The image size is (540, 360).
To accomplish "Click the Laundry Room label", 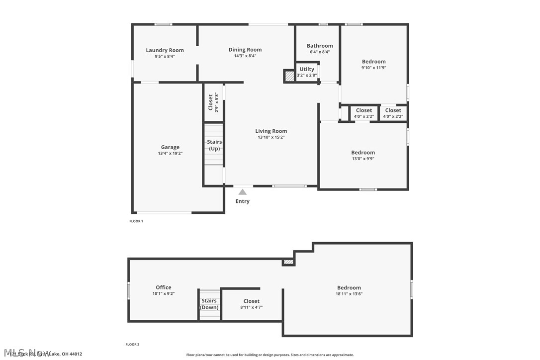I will point(165,50).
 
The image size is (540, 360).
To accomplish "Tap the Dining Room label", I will point(245,50).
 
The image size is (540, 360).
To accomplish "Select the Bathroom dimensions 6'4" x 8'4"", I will point(319,52).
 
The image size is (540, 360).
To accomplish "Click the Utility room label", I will point(307,69).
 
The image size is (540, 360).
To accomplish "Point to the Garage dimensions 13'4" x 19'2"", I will point(170,154).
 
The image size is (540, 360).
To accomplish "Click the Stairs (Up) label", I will point(214,145).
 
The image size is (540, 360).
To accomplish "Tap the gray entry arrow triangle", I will point(242,192).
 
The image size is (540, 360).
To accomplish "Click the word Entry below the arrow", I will point(242,201).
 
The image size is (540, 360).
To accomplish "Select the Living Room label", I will point(271,131).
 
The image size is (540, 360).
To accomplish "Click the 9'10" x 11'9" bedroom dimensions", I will point(373,68).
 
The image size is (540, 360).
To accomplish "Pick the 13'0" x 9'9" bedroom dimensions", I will point(363,159).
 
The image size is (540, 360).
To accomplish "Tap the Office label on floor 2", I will point(163,287).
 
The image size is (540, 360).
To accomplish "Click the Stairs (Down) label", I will point(209,304).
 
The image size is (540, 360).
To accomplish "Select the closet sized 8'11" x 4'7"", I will point(251,307).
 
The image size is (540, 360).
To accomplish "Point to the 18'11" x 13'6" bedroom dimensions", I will point(349,294).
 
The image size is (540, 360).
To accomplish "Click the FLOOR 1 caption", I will point(136,221).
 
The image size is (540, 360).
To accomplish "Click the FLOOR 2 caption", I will point(132,344).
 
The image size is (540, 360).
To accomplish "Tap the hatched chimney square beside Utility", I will point(289,77).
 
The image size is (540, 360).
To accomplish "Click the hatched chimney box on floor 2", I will point(288,262).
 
